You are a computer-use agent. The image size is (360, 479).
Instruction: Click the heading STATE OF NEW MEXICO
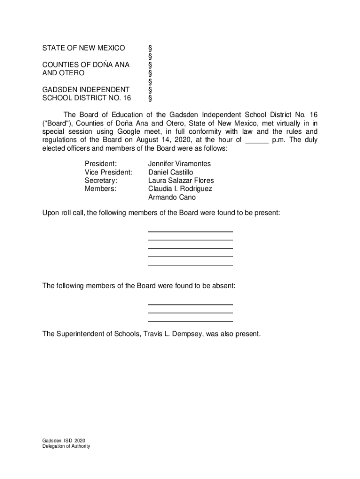click(84, 48)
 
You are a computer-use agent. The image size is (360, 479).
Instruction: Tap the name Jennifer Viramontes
click(180, 164)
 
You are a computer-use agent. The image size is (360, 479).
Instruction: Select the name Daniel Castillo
click(171, 172)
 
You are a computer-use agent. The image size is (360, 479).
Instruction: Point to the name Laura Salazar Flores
click(181, 181)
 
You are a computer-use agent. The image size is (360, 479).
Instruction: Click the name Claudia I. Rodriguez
click(180, 189)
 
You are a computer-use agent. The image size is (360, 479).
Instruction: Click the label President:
click(101, 164)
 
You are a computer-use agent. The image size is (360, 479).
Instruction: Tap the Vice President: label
click(108, 172)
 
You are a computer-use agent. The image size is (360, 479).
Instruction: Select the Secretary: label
click(101, 181)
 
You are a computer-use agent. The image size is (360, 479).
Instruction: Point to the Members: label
click(101, 189)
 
